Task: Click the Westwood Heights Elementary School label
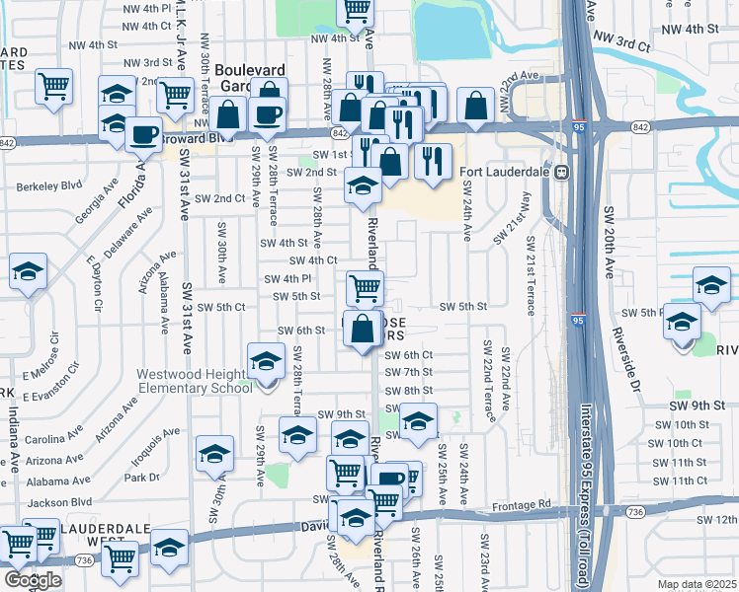[195, 381]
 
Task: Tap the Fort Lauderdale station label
[506, 172]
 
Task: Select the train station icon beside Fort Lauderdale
[561, 172]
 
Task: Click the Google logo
[33, 580]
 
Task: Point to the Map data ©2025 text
[696, 584]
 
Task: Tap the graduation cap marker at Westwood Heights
[266, 362]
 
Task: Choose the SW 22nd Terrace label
[488, 381]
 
